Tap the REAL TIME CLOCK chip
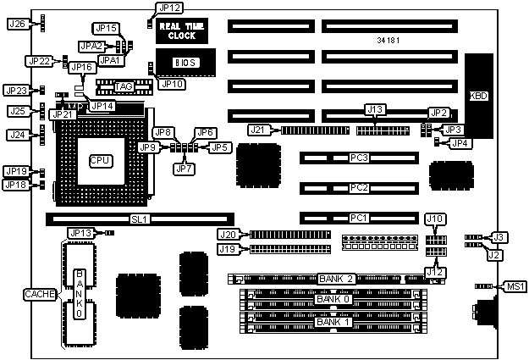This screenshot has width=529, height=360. pyautogui.click(x=178, y=30)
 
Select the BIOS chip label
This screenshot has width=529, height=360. pyautogui.click(x=186, y=63)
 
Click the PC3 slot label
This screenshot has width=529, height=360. pyautogui.click(x=359, y=158)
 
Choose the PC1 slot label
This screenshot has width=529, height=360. pyautogui.click(x=359, y=218)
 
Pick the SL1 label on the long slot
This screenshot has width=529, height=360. pyautogui.click(x=139, y=219)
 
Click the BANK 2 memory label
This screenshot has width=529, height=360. pyautogui.click(x=336, y=279)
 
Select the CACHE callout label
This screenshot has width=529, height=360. pyautogui.click(x=40, y=293)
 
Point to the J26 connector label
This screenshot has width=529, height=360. pyautogui.click(x=16, y=24)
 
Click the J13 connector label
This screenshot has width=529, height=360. pyautogui.click(x=374, y=109)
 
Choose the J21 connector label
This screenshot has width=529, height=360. pyautogui.click(x=259, y=130)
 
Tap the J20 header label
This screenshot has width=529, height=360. pyautogui.click(x=228, y=235)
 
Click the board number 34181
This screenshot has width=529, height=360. pyautogui.click(x=391, y=40)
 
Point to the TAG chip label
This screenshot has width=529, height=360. pyautogui.click(x=124, y=86)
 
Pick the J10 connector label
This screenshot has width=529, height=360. pyautogui.click(x=435, y=219)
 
